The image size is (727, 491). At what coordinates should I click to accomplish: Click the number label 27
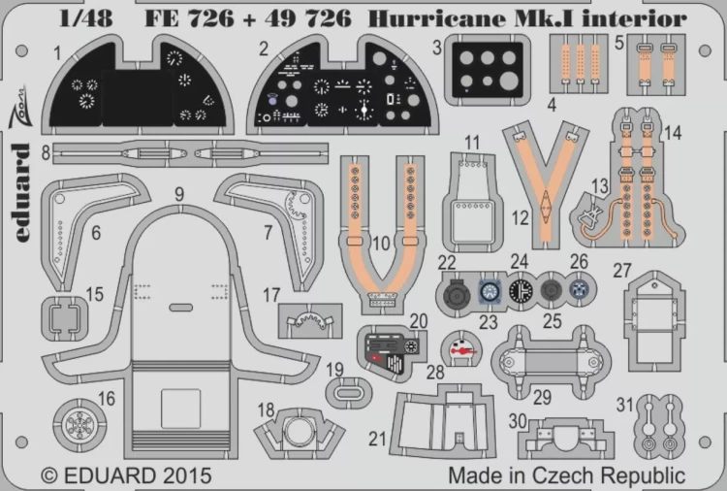coord(622,244)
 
